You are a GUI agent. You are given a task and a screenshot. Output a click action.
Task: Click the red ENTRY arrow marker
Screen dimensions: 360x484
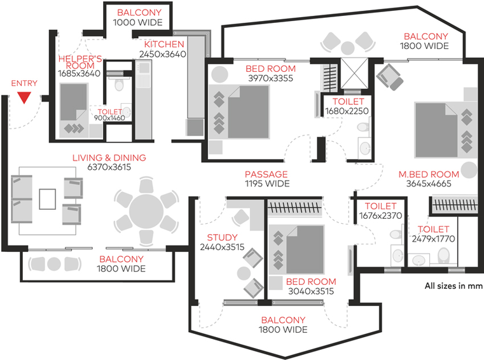(24, 97)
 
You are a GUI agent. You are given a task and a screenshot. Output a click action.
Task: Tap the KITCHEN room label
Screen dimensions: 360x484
(164, 45)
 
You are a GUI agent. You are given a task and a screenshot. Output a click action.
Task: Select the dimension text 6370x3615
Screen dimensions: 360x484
(109, 168)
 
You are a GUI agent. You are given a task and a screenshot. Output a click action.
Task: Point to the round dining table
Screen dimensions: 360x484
(147, 211)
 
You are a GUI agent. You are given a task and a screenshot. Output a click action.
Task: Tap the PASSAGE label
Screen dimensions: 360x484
(267, 174)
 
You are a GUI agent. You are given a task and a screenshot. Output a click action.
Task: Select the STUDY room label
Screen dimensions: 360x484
(218, 238)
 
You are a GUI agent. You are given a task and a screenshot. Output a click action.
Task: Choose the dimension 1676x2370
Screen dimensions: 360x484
(382, 216)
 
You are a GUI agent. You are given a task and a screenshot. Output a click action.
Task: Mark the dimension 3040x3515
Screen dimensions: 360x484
(311, 292)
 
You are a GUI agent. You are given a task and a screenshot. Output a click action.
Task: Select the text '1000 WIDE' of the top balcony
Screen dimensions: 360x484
(138, 22)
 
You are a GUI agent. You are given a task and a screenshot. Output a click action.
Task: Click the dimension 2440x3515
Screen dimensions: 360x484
(222, 247)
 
